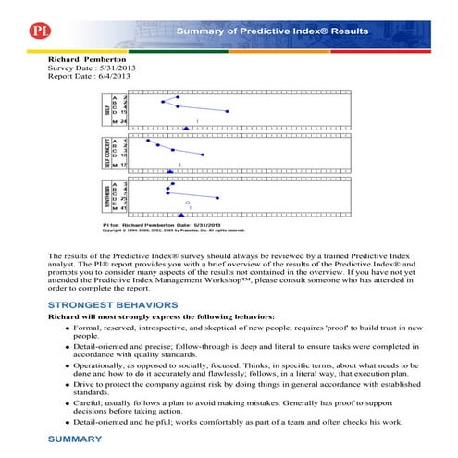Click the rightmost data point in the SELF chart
[x=229, y=112]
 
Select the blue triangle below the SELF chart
[x=186, y=128]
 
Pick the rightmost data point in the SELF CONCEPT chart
[x=204, y=155]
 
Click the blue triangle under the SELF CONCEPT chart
[x=170, y=171]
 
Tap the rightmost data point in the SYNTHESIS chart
[x=217, y=197]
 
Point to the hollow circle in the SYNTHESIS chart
[x=188, y=202]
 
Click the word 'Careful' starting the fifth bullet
[x=89, y=402]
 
